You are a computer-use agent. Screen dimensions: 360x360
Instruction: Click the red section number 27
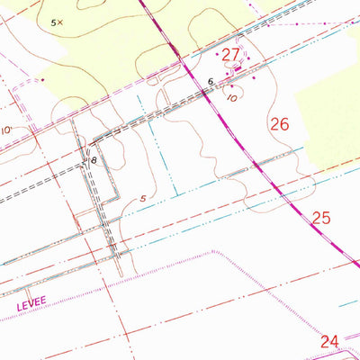tap(231, 55)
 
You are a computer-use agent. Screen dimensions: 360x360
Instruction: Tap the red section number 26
tap(279, 124)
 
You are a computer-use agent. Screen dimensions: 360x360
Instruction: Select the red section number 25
tap(322, 217)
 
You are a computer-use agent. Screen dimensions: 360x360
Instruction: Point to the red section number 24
tap(329, 341)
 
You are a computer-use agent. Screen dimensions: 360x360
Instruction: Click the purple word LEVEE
tap(30, 306)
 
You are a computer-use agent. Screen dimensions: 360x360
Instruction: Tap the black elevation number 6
tap(210, 82)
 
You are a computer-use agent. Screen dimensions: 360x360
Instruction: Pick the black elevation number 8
tap(93, 161)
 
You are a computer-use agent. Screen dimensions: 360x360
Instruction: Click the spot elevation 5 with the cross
tap(53, 21)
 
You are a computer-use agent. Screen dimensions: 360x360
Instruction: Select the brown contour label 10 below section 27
tap(232, 96)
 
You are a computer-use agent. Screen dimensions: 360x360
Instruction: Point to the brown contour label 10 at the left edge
tap(6, 130)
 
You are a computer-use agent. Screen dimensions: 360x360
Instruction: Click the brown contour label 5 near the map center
tap(142, 199)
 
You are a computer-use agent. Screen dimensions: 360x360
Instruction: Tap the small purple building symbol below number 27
tap(238, 69)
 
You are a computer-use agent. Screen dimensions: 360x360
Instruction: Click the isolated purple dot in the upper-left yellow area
tap(42, 79)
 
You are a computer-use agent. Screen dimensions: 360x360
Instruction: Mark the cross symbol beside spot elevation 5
tap(60, 22)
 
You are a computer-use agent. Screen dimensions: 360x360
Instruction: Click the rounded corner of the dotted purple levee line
tap(215, 255)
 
